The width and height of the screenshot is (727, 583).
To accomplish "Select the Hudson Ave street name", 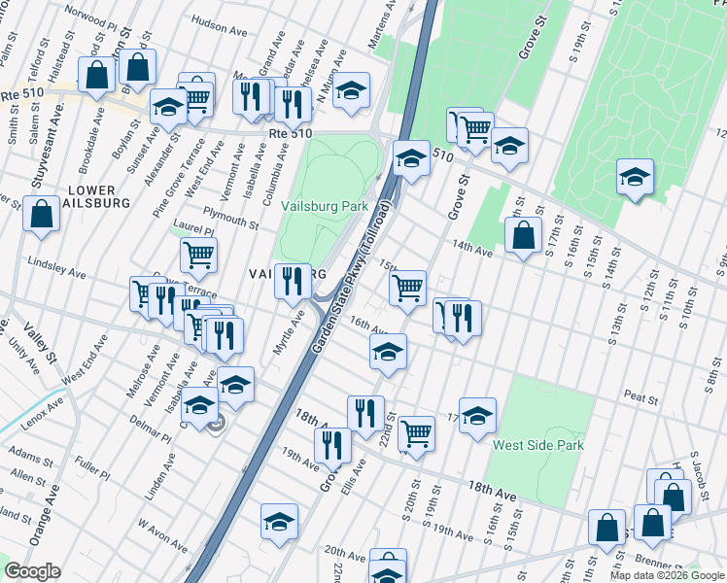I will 222,46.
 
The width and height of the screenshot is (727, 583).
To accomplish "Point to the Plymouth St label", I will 230,218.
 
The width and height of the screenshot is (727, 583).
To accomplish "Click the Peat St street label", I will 641,397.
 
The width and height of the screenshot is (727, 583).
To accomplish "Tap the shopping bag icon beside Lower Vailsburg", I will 43,215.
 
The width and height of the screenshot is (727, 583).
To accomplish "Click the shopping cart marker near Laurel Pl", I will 198,255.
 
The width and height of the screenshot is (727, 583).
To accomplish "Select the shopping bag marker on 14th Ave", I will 523,234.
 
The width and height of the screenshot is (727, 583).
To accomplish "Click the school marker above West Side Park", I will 477,415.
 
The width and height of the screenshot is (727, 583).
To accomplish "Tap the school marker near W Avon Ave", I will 279,521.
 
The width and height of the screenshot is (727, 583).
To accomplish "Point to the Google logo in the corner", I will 31,572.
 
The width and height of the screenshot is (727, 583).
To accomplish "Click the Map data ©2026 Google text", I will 667,575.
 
